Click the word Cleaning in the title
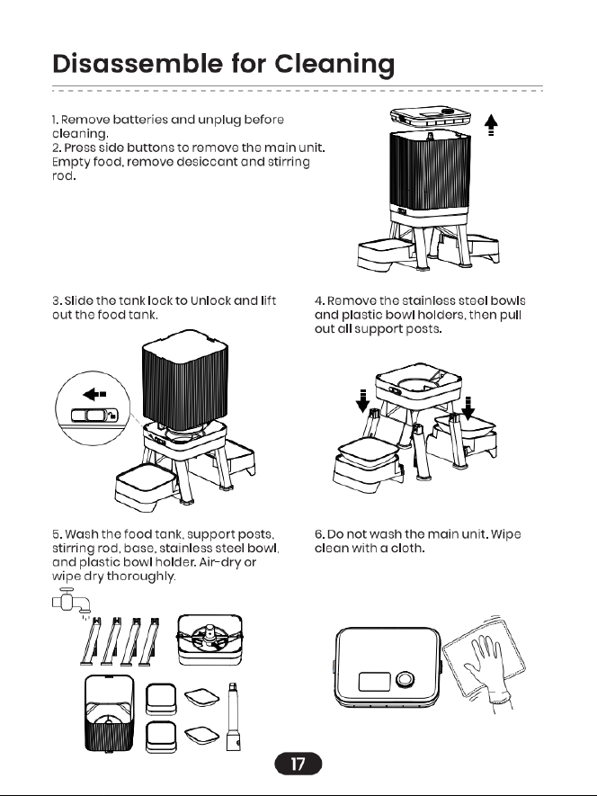coord(334,65)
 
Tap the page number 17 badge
coord(298,764)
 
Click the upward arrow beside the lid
coord(491,125)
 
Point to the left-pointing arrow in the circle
coord(94,394)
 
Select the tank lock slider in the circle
coord(94,416)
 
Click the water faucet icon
coord(71,601)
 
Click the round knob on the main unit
coord(405,679)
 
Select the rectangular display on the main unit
coord(374,681)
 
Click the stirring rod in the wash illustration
coord(234,716)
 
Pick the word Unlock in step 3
coord(210,300)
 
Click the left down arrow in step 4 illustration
coord(362,400)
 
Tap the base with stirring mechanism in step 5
coord(209,639)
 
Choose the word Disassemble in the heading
coord(138,64)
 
